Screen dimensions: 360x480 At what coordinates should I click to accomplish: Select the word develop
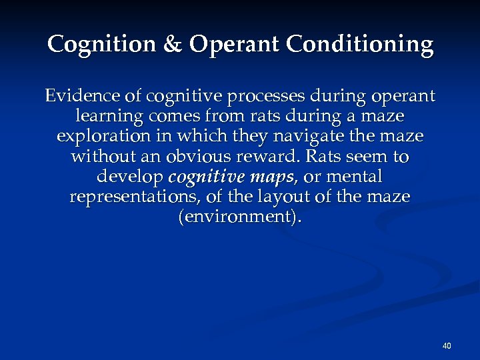[131, 177]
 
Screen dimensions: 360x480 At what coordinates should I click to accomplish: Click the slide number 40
[447, 345]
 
